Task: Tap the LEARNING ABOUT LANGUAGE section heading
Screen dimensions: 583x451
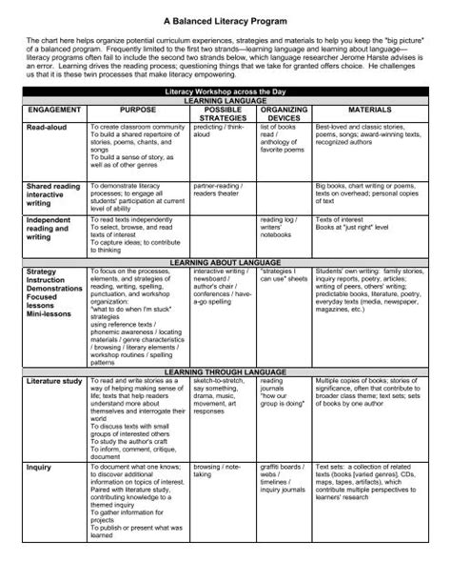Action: pyautogui.click(x=225, y=261)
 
